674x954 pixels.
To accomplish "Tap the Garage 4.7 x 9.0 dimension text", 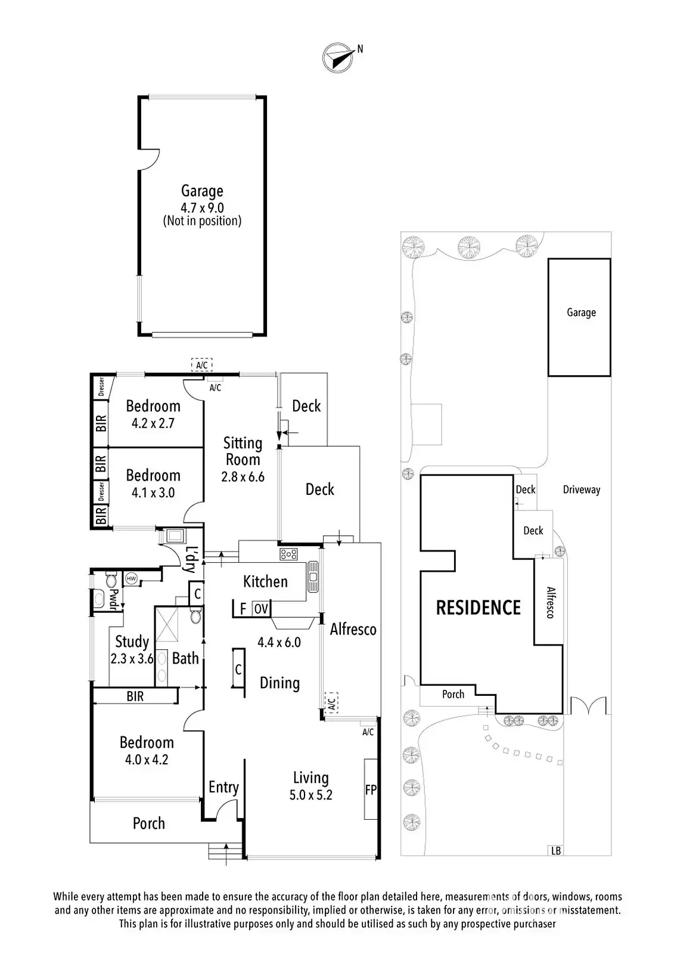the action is point(202,208).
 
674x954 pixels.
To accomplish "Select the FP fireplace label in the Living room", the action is point(371,789).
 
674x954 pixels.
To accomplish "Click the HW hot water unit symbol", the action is point(131,578).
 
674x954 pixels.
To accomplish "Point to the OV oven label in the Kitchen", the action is point(261,609).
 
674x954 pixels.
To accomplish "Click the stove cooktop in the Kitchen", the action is point(288,555).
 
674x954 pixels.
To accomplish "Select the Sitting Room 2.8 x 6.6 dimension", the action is point(243,476).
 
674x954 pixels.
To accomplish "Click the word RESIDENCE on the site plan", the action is point(478,608).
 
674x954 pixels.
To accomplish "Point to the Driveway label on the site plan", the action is point(581,490).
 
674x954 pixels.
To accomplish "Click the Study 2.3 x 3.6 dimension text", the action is point(132,659).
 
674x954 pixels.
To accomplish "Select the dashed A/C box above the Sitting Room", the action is point(201,365).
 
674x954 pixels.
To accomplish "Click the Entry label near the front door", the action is point(223,787).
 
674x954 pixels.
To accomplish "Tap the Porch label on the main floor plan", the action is point(148,823).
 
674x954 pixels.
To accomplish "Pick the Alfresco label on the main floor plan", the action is point(353,629).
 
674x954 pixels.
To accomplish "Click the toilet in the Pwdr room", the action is point(110,580).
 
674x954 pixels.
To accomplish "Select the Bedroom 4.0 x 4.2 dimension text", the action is point(147,760).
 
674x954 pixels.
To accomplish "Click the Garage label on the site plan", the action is point(581,312).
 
